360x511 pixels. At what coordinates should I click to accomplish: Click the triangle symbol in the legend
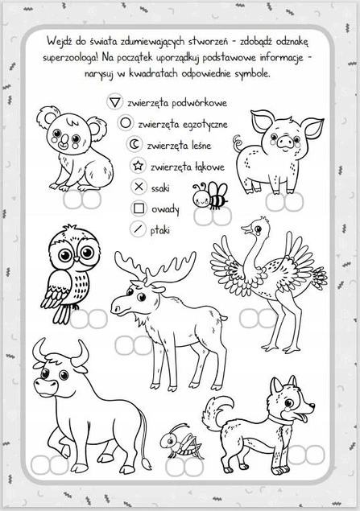pyautogui.click(x=115, y=102)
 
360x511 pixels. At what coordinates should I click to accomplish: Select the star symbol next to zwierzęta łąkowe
pyautogui.click(x=138, y=166)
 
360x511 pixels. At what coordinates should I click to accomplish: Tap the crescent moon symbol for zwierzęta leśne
pyautogui.click(x=134, y=144)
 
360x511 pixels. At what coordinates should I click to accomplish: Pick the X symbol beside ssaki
pyautogui.click(x=139, y=187)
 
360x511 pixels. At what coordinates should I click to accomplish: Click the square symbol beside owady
pyautogui.click(x=139, y=208)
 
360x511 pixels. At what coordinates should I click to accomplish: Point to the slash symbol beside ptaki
pyautogui.click(x=139, y=229)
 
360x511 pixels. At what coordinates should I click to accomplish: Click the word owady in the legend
pyautogui.click(x=165, y=209)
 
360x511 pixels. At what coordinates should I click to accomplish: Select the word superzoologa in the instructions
pyautogui.click(x=71, y=58)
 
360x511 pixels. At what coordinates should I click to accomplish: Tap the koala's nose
pyautogui.click(x=64, y=140)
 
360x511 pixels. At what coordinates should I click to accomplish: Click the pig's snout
pyautogui.click(x=286, y=142)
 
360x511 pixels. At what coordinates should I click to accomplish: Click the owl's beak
pyautogui.click(x=76, y=259)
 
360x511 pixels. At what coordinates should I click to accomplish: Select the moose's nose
pyautogui.click(x=116, y=309)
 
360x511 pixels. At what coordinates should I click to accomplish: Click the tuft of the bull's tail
pyautogui.click(x=145, y=464)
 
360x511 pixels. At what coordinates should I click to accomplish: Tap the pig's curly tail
pyautogui.click(x=238, y=143)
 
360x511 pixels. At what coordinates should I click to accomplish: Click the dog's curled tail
pyautogui.click(x=217, y=412)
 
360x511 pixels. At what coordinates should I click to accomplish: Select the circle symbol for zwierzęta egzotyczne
pyautogui.click(x=126, y=123)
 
